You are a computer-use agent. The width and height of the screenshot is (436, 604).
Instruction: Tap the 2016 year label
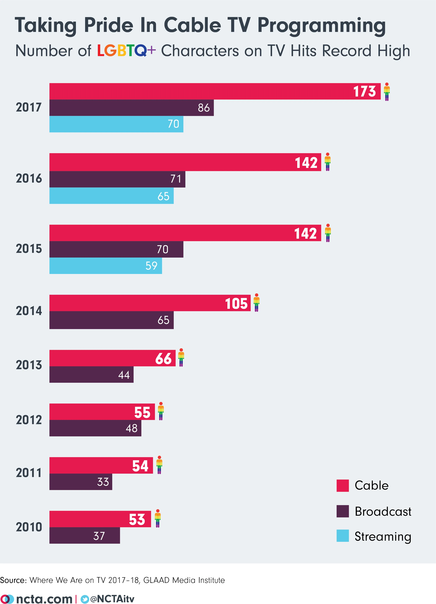(29, 178)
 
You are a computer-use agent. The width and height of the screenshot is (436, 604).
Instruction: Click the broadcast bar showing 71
(117, 179)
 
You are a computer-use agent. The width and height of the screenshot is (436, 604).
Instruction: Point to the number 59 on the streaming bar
(151, 266)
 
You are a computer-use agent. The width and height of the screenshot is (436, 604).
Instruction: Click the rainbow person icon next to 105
(256, 303)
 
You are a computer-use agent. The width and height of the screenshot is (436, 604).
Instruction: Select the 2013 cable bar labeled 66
(112, 358)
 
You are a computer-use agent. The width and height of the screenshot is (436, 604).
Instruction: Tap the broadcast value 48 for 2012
(132, 428)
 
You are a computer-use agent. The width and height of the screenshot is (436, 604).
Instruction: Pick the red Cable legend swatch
(343, 486)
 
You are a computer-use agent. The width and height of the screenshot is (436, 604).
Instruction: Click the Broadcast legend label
(383, 512)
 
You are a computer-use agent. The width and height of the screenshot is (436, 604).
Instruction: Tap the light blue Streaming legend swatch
(343, 536)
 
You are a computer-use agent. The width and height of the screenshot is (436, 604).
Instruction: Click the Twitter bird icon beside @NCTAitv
(85, 599)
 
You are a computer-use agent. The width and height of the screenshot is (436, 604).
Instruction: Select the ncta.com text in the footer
(44, 599)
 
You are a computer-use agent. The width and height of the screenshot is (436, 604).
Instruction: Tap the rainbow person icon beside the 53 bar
(158, 519)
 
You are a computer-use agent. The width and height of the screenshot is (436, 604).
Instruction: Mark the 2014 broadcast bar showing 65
(111, 320)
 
